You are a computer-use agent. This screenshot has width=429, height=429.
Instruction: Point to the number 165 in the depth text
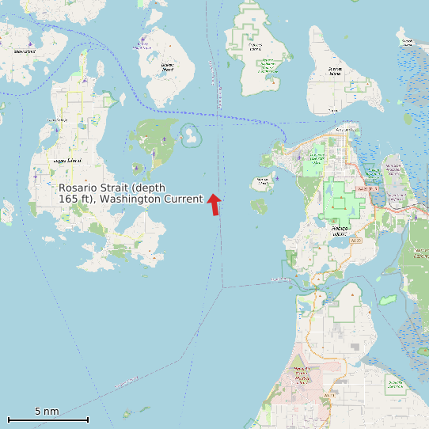click(69, 198)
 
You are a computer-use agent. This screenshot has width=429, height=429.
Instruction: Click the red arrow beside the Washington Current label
click(214, 203)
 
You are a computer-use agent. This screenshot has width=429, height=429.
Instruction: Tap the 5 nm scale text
click(47, 412)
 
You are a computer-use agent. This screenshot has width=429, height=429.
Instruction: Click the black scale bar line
click(47, 419)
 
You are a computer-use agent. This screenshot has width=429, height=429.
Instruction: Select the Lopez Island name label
click(66, 161)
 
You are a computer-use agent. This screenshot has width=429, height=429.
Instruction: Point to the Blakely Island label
click(167, 68)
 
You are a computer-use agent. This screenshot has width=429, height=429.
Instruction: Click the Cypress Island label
click(255, 45)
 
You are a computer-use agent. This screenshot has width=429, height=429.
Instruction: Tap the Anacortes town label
click(346, 129)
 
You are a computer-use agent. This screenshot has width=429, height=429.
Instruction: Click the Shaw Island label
click(24, 51)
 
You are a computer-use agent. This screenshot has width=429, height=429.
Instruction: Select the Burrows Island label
click(264, 180)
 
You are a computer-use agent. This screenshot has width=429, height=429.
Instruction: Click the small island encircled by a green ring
click(192, 135)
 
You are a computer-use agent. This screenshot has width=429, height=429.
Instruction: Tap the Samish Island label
click(407, 41)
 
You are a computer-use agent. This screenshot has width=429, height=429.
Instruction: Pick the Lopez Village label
click(57, 120)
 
